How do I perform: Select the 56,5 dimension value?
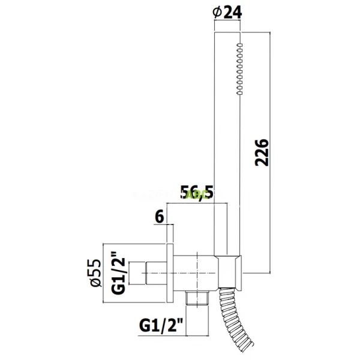(x=197, y=193)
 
